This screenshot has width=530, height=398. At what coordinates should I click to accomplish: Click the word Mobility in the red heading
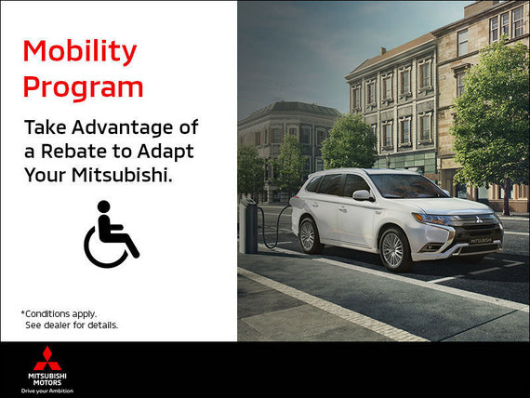click(80, 52)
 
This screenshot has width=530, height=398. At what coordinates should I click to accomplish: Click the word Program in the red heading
click(83, 88)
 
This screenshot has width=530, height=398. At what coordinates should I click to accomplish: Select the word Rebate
click(74, 152)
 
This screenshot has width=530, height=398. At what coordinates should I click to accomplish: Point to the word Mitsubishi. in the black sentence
click(122, 175)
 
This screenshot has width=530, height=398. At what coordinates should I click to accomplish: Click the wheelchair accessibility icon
click(112, 234)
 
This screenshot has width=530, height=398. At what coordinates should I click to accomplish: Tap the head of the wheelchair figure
click(104, 206)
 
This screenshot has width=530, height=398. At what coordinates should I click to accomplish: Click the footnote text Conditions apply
click(60, 314)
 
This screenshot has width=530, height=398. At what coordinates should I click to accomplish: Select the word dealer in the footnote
click(57, 325)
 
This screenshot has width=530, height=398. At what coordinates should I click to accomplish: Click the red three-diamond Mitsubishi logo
click(47, 358)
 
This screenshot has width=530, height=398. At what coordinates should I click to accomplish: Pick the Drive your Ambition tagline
click(47, 391)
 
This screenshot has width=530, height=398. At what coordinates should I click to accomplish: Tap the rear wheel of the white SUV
click(308, 235)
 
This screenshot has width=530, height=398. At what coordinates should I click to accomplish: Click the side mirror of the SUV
click(363, 195)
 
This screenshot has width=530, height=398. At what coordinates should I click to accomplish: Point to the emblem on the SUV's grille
click(479, 219)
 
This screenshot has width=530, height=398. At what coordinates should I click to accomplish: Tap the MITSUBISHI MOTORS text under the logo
click(47, 379)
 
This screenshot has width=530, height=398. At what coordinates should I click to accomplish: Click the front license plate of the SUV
click(482, 241)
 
